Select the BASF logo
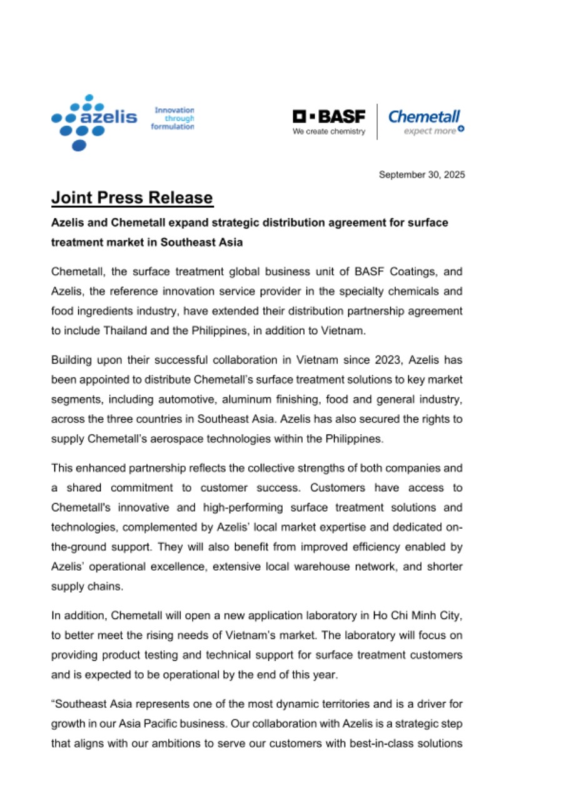pos(329,116)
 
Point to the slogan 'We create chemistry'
pos(329,131)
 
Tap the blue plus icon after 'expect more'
pos(460,130)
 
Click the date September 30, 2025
pos(422,175)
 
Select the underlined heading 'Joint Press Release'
pos(132,198)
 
